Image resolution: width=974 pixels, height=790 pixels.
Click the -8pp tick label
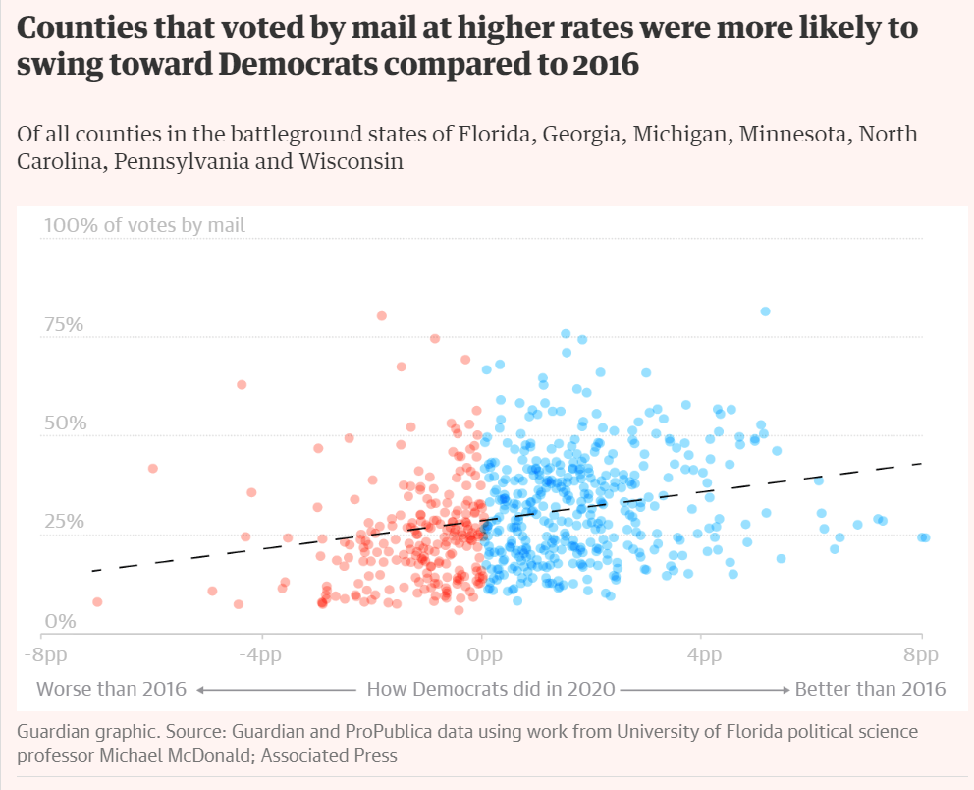45,655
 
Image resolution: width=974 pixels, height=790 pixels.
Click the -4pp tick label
261,655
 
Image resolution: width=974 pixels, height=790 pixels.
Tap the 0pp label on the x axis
484,655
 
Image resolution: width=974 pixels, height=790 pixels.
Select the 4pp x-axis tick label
704,655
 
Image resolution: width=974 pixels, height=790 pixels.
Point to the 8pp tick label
921,655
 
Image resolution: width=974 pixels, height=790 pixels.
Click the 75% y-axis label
64,324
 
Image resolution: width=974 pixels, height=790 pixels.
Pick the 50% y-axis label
65,423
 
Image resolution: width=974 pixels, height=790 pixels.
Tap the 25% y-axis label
64,521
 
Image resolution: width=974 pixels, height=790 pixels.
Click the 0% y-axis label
60,621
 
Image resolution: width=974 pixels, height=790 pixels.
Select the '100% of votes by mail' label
144,225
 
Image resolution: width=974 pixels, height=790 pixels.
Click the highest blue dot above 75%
765,311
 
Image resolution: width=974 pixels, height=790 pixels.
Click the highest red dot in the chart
381,316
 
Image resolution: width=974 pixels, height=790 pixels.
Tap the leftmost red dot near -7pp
97,602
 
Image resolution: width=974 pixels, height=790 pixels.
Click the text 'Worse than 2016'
111,689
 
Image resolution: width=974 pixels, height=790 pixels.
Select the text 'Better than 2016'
870,689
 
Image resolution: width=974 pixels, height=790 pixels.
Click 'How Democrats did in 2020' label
491,689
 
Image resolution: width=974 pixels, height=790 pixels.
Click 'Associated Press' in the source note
329,756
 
